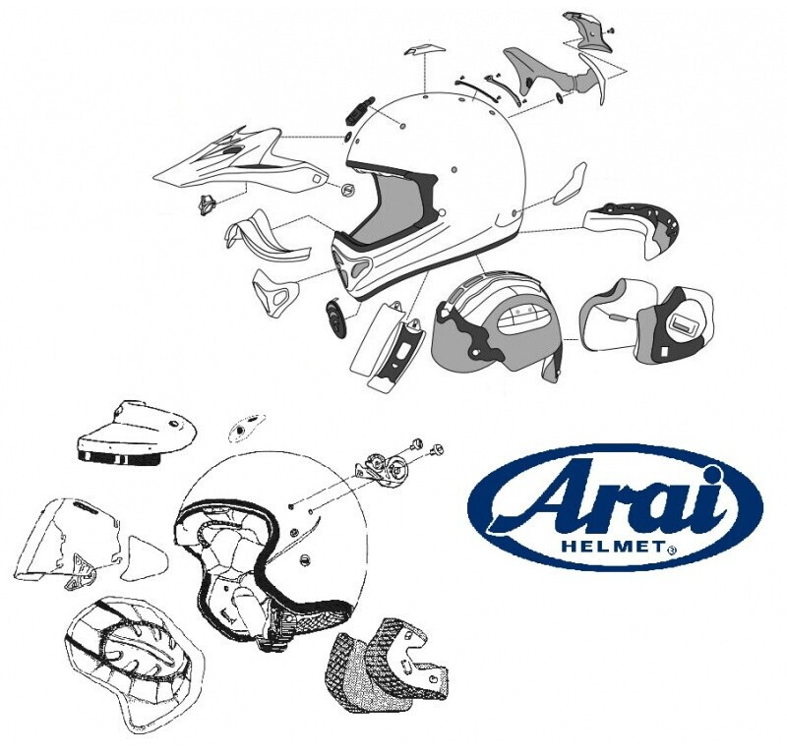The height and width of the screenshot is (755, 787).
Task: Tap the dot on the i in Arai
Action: [712, 473]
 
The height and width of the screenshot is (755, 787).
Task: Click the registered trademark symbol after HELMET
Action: [671, 550]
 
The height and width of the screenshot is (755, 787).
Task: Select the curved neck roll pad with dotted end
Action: [632, 229]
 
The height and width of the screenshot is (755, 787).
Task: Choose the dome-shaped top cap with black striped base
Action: [135, 433]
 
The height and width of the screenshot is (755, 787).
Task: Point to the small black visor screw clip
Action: [207, 204]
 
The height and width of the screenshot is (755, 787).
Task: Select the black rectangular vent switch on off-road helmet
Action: [357, 113]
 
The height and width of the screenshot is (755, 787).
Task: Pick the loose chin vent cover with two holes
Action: [275, 293]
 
